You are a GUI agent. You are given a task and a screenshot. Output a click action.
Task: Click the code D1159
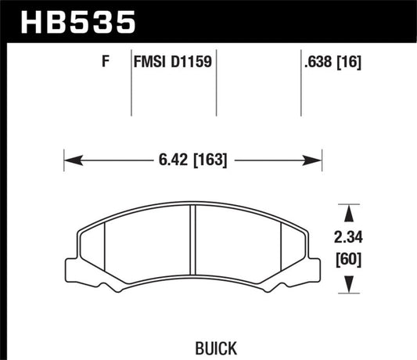[x=192, y=60]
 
